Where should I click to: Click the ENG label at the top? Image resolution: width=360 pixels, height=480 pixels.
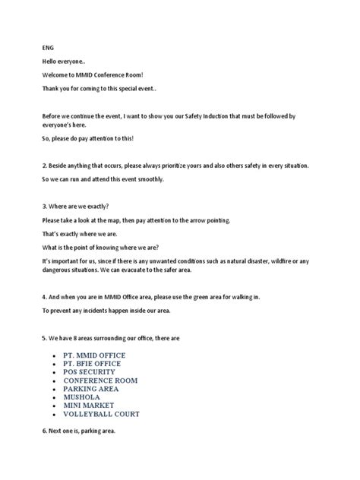click(48, 46)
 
